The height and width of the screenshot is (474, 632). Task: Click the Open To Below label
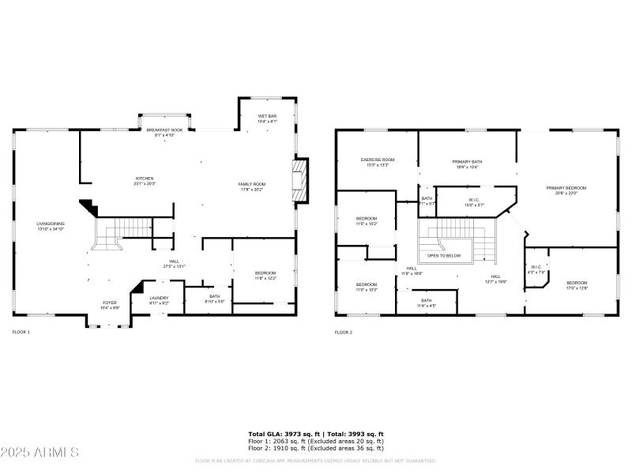444,256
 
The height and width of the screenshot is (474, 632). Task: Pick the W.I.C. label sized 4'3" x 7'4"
536,269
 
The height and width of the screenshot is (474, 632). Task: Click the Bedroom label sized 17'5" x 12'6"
577,284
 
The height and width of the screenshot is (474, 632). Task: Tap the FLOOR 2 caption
344,333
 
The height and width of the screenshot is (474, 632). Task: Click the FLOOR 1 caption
21,333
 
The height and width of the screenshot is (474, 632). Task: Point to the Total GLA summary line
316,434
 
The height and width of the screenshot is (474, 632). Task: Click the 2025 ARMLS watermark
39,453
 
